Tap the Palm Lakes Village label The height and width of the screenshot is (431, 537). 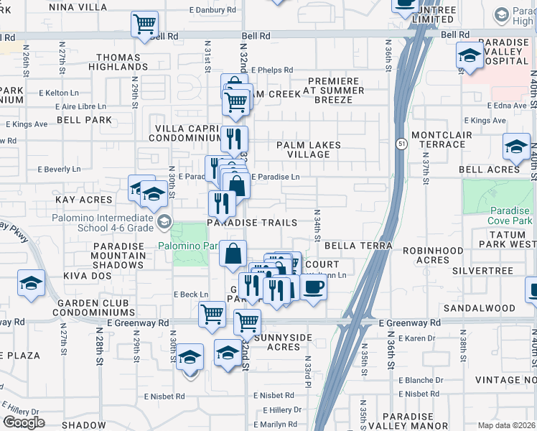click(309, 149)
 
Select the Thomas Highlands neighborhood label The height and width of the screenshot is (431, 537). click(118, 62)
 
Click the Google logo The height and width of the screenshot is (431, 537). click(24, 422)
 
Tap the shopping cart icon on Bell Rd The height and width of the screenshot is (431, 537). click(144, 24)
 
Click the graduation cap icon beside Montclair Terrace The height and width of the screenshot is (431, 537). click(515, 147)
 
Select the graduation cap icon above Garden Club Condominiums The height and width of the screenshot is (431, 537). click(31, 283)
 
